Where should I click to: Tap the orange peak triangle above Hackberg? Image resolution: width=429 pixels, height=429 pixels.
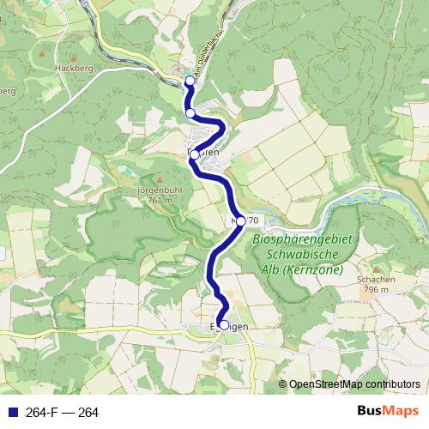click(x=41, y=55)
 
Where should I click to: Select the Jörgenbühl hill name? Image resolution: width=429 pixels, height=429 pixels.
click(x=154, y=190)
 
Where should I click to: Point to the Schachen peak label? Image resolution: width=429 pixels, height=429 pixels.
click(x=377, y=280)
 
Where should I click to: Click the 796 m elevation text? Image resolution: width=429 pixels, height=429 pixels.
click(x=378, y=290)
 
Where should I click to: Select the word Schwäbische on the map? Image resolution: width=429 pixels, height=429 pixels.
click(x=302, y=256)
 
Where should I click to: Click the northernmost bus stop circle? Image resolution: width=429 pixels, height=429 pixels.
click(x=190, y=82)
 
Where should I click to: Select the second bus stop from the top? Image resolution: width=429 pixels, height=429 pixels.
click(x=190, y=112)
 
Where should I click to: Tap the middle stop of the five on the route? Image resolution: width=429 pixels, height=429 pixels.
click(x=195, y=154)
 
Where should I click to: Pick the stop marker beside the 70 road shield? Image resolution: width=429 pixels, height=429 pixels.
click(x=240, y=221)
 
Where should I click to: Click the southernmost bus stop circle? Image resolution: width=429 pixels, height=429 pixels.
click(x=224, y=325)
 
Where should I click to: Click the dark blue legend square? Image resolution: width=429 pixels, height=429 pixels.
click(x=11, y=413)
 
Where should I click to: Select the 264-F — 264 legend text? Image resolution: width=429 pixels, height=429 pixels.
click(x=62, y=413)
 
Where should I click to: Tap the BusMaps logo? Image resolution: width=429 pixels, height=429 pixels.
click(x=388, y=412)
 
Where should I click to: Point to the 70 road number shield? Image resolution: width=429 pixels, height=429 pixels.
click(x=252, y=221)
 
